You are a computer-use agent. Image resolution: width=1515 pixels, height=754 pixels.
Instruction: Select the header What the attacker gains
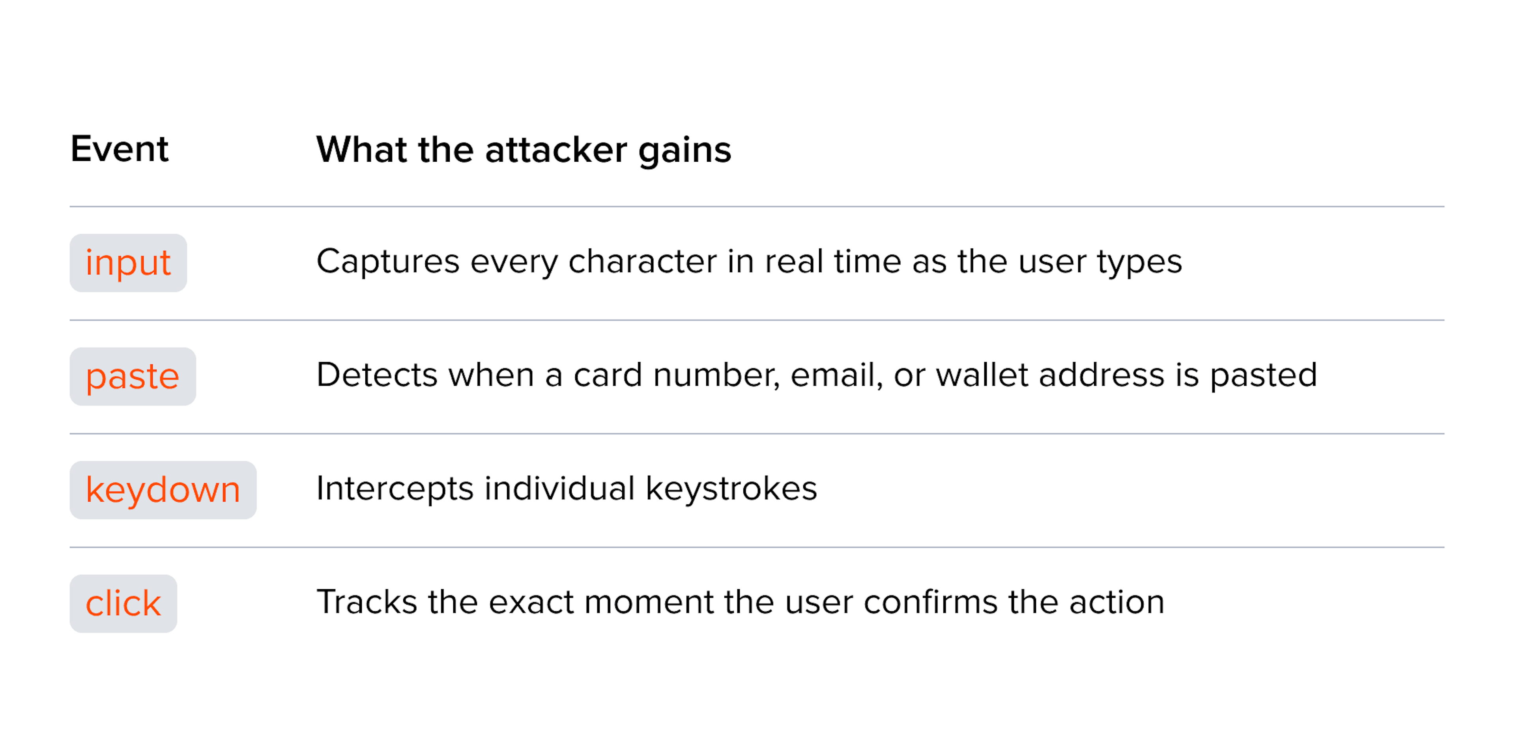[524, 151]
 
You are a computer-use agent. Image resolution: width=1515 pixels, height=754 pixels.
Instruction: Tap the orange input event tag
[128, 263]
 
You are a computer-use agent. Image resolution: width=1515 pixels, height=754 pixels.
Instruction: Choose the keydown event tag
[163, 489]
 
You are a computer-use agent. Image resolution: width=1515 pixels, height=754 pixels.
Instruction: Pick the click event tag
[123, 603]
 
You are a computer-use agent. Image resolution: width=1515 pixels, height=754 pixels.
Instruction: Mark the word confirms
[930, 603]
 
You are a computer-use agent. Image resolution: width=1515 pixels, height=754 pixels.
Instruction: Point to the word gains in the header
[685, 151]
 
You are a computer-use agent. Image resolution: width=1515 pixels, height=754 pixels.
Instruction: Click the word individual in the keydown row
[559, 488]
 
